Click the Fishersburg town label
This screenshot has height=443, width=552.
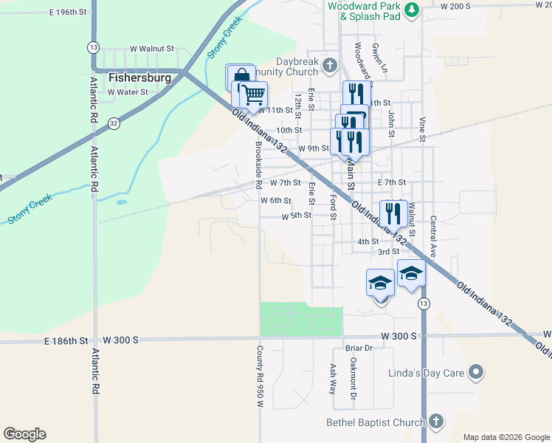[139, 77]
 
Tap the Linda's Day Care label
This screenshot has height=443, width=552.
[426, 372]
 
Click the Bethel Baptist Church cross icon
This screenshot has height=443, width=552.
[435, 422]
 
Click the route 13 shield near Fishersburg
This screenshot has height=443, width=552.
[93, 47]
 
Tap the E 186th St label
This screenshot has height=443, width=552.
[66, 340]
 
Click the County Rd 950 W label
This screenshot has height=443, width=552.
[260, 377]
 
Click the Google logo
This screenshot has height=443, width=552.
[24, 434]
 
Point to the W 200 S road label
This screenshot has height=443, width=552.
[455, 6]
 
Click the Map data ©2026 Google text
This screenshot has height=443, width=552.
[506, 437]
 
